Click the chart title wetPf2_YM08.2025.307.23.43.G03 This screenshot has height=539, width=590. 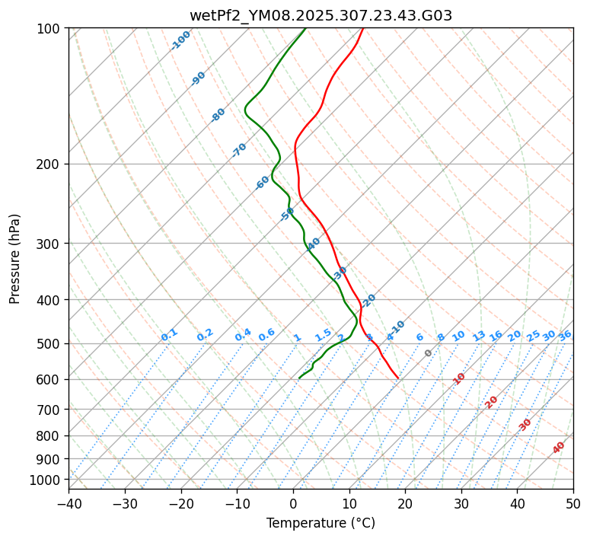[x=321, y=15]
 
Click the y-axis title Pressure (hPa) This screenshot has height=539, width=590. [x=15, y=259]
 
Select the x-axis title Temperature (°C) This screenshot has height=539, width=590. [x=321, y=523]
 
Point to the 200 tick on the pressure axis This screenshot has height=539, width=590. [x=50, y=164]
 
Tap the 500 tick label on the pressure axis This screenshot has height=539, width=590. [x=50, y=344]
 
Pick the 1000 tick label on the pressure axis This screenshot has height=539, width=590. [x=47, y=480]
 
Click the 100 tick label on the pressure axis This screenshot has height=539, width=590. [x=50, y=29]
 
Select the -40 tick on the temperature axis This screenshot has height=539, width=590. [x=69, y=503]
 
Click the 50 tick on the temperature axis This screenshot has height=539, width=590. [x=573, y=503]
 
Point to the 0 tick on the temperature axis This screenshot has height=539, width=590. [x=293, y=503]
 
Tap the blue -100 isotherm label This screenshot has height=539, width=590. [x=180, y=40]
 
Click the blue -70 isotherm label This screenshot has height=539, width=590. [x=239, y=150]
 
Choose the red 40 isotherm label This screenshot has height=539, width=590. [x=559, y=448]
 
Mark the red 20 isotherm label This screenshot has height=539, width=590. [x=492, y=401]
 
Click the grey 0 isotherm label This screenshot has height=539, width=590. [x=429, y=353]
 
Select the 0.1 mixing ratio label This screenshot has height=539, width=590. [x=169, y=334]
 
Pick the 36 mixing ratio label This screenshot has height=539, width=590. [x=565, y=335]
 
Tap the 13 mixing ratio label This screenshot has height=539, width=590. [x=479, y=336]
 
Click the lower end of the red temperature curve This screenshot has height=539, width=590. [x=398, y=378]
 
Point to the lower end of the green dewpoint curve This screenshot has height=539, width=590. [x=299, y=378]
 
